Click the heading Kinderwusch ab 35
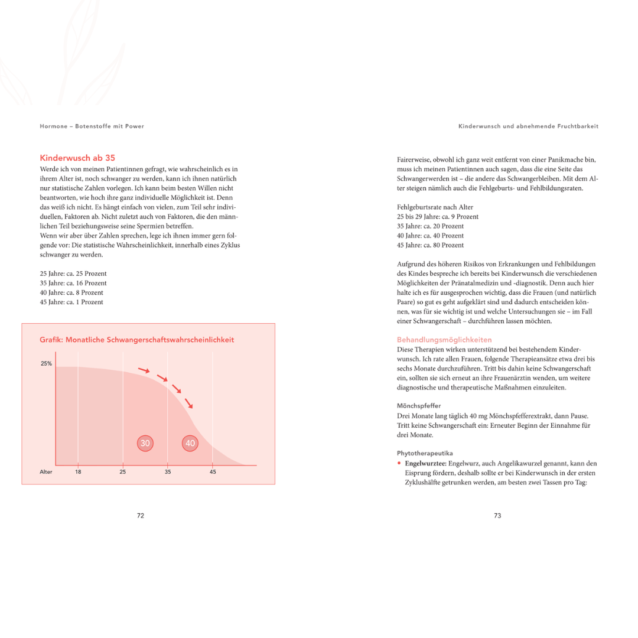(x=77, y=158)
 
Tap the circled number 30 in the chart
(x=145, y=443)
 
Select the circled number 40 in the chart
(x=190, y=443)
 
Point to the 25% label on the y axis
(x=46, y=364)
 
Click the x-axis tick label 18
(x=78, y=472)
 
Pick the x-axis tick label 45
(x=213, y=472)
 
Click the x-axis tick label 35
(x=168, y=472)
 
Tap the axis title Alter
(x=46, y=472)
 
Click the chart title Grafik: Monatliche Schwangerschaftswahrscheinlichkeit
(x=136, y=340)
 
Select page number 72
(x=141, y=516)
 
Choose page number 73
(x=497, y=516)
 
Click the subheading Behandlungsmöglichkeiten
(x=444, y=340)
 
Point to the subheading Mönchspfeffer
(x=419, y=406)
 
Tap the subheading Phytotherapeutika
(x=425, y=453)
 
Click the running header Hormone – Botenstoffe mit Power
(x=92, y=126)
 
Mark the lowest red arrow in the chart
(x=189, y=403)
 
